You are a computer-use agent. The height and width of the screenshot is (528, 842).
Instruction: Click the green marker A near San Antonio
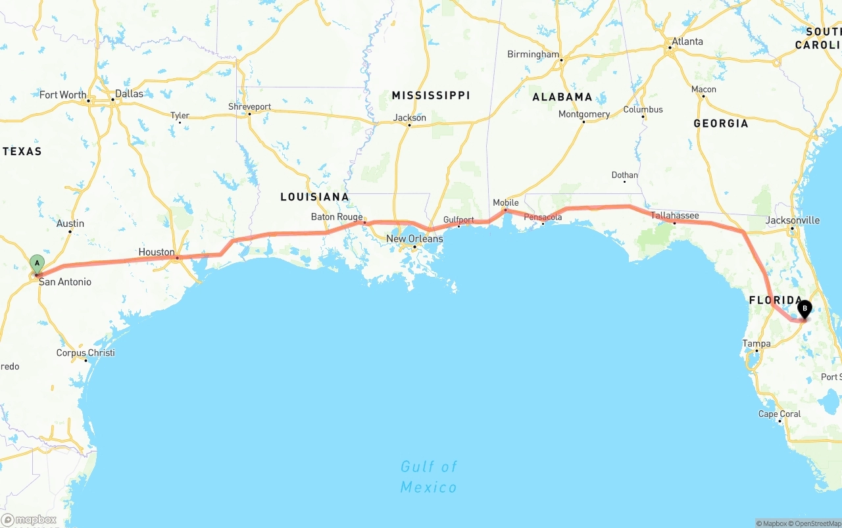coord(37,264)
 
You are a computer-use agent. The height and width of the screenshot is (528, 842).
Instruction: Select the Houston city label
coord(157,252)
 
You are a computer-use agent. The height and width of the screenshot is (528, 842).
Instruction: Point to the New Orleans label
coord(414,239)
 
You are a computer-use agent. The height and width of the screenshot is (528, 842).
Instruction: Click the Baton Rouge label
coord(337,217)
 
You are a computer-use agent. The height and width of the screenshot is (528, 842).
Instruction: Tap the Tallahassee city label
coord(675,215)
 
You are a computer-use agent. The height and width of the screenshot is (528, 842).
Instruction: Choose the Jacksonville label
coord(793,220)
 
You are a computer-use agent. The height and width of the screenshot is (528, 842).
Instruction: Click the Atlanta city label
coord(687,41)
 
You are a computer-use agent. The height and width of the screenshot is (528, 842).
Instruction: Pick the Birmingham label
coord(533,55)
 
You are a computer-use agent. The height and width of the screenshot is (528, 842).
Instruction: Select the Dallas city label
coord(129,93)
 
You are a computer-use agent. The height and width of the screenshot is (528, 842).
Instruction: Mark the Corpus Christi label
coord(86,352)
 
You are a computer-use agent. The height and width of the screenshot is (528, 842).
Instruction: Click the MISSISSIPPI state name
coord(431,95)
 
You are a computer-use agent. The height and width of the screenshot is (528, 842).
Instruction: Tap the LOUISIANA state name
coord(314,197)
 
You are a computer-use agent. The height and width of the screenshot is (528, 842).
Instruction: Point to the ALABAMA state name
coord(562,97)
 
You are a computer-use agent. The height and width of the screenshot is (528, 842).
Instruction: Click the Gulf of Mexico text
coord(429,477)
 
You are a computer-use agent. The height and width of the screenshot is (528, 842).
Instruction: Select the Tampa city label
coord(756,343)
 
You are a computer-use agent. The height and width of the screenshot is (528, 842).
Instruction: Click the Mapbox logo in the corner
coord(29,520)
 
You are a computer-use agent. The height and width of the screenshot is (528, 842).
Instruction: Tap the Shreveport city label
coord(249,107)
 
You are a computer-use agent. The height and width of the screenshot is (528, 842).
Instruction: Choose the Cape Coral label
coord(780,414)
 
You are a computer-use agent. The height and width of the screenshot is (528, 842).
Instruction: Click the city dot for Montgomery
coord(583,122)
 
